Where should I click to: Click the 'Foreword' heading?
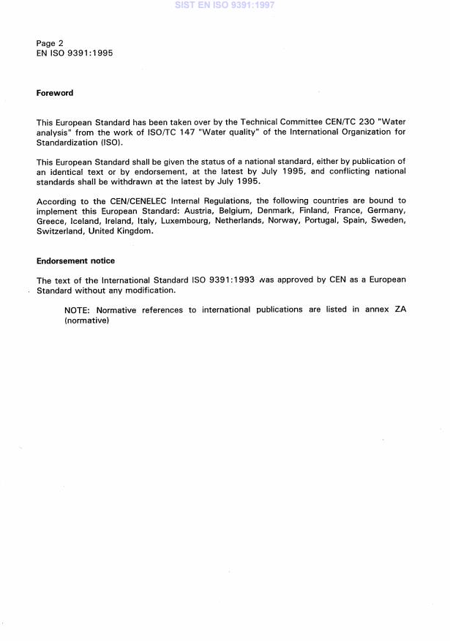[x=55, y=93]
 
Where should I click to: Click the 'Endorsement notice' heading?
[x=75, y=260]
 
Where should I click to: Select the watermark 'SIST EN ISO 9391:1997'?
[x=224, y=5]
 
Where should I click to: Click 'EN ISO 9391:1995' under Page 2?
[x=75, y=53]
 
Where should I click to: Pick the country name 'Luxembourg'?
[x=181, y=220]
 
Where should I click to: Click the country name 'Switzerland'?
[x=60, y=230]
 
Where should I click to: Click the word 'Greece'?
[x=50, y=220]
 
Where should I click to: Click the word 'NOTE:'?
[x=78, y=310]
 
